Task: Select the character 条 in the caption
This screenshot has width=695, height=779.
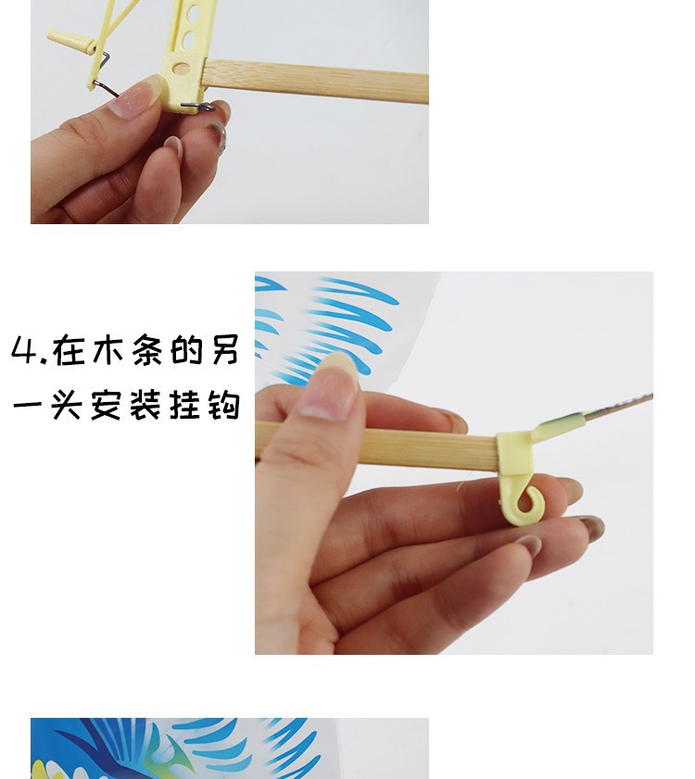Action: coord(147,350)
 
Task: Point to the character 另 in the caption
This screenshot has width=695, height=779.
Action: coord(225,350)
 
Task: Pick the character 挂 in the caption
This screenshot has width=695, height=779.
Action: coord(185,405)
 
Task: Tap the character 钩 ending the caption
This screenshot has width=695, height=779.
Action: coord(224,405)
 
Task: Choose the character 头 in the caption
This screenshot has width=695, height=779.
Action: coord(67,405)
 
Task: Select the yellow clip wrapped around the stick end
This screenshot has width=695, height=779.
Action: coord(515,453)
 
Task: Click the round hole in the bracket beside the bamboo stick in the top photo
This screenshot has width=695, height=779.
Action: coord(182,69)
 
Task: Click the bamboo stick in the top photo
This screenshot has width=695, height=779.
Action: coord(315,81)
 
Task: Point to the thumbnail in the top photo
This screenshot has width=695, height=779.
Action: coord(135,99)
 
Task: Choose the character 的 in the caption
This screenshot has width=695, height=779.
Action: coord(186,350)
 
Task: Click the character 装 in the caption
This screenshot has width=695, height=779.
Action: coord(145,405)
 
